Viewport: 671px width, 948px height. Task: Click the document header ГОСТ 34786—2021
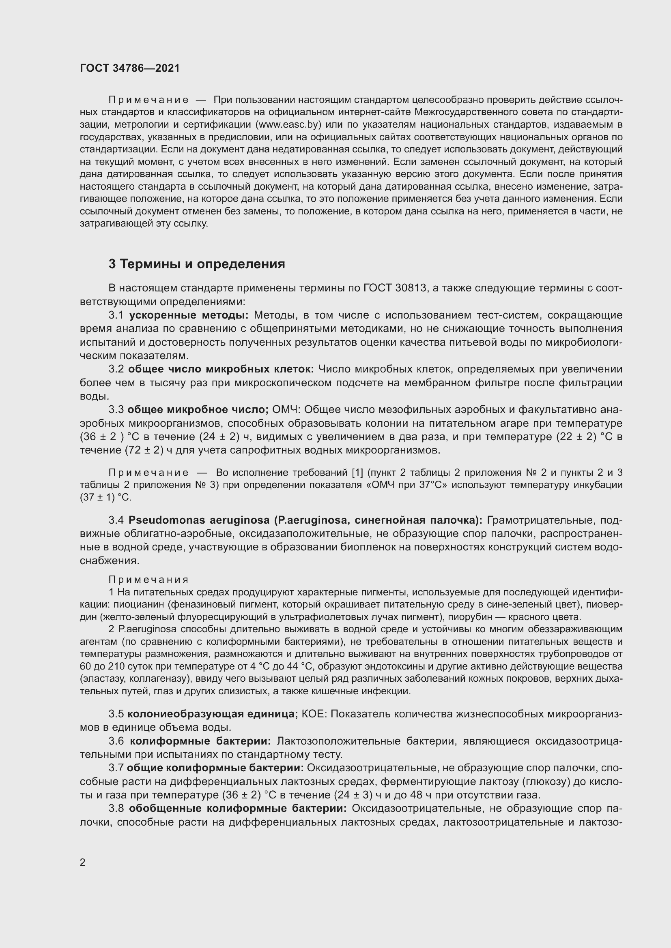tap(130, 68)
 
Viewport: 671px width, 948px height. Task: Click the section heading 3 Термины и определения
tap(197, 264)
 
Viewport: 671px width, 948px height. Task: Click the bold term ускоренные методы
tap(189, 315)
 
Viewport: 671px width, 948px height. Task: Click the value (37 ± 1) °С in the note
tap(105, 498)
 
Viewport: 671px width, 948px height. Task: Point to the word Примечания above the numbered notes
tap(149, 580)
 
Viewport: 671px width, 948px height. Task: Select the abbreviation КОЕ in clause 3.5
tap(314, 713)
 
